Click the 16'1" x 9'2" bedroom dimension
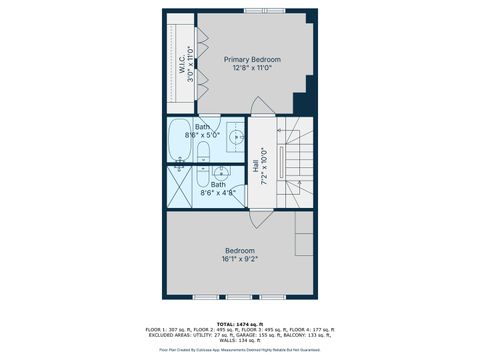(239, 260)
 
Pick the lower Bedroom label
(239, 250)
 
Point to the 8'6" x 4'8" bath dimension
(218, 193)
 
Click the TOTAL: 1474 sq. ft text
(239, 323)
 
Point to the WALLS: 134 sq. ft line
(239, 339)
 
